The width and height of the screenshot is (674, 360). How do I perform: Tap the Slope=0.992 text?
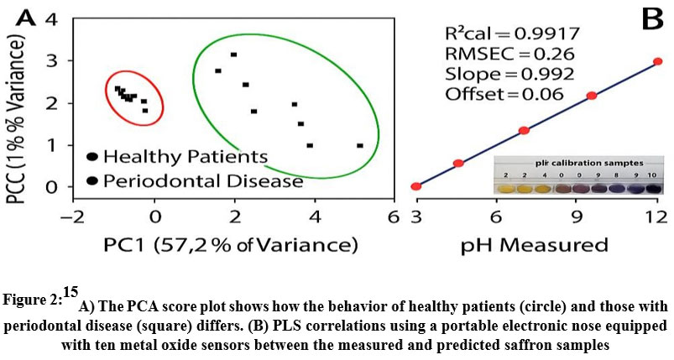click(496, 73)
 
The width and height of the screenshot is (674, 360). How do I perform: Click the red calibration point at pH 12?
click(657, 61)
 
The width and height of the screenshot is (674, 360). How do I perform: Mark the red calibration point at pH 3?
click(415, 186)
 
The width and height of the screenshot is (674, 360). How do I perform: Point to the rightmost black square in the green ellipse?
click(360, 145)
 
